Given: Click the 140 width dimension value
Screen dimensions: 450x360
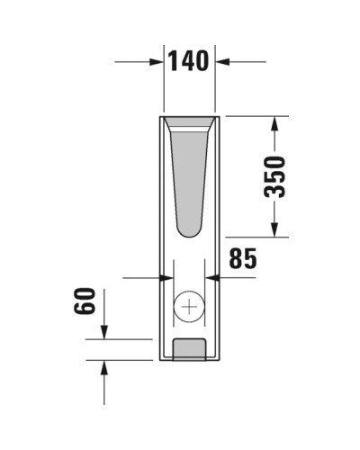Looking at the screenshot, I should click(x=188, y=60).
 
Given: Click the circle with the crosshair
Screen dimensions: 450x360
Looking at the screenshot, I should click(x=189, y=308).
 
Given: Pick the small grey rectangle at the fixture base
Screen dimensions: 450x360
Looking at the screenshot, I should click(x=189, y=348).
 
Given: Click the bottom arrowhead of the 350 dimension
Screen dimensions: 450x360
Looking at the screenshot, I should click(x=275, y=232).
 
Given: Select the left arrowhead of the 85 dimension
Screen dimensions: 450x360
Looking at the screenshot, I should click(x=157, y=278).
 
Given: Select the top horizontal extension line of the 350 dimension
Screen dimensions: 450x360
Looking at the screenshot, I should click(x=256, y=116).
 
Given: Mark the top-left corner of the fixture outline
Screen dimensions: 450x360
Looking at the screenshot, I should click(x=160, y=116).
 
